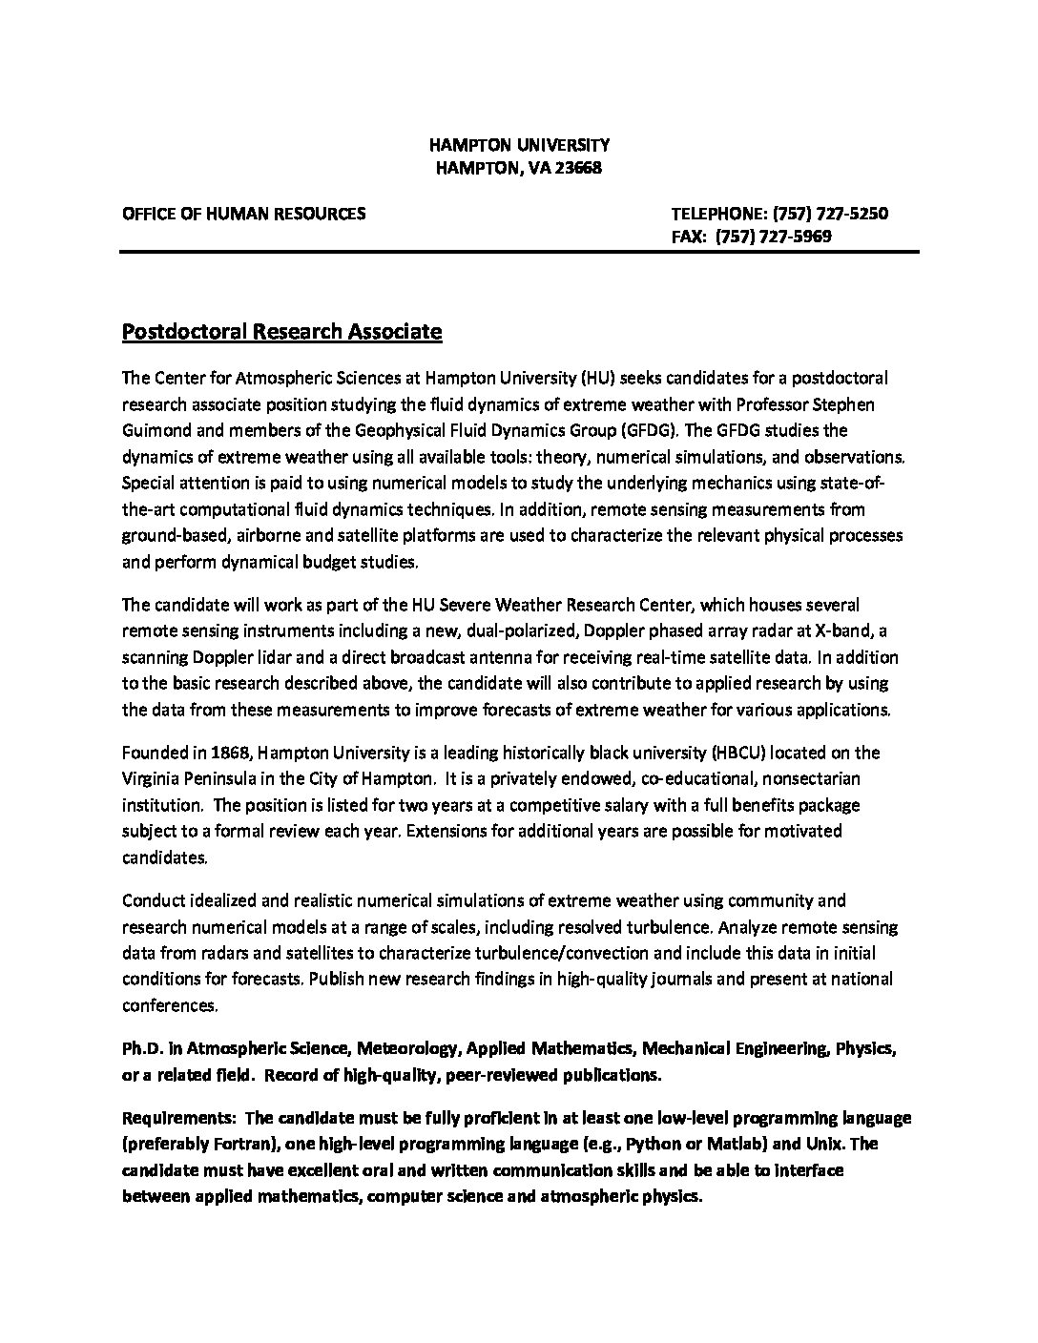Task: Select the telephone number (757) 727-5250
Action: click(x=829, y=214)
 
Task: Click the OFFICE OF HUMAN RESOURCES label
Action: click(x=243, y=214)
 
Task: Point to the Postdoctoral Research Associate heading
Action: click(x=282, y=332)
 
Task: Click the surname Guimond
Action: click(x=156, y=430)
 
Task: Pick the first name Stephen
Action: click(x=841, y=404)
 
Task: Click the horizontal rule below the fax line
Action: click(x=518, y=253)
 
